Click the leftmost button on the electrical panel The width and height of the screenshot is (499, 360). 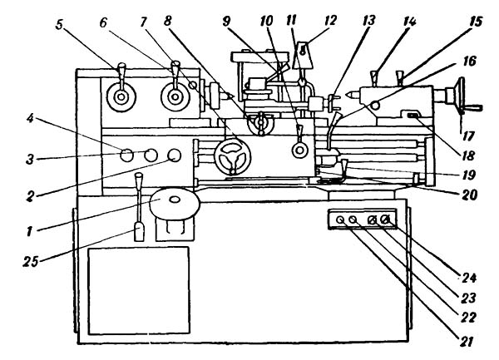coord(339,220)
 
